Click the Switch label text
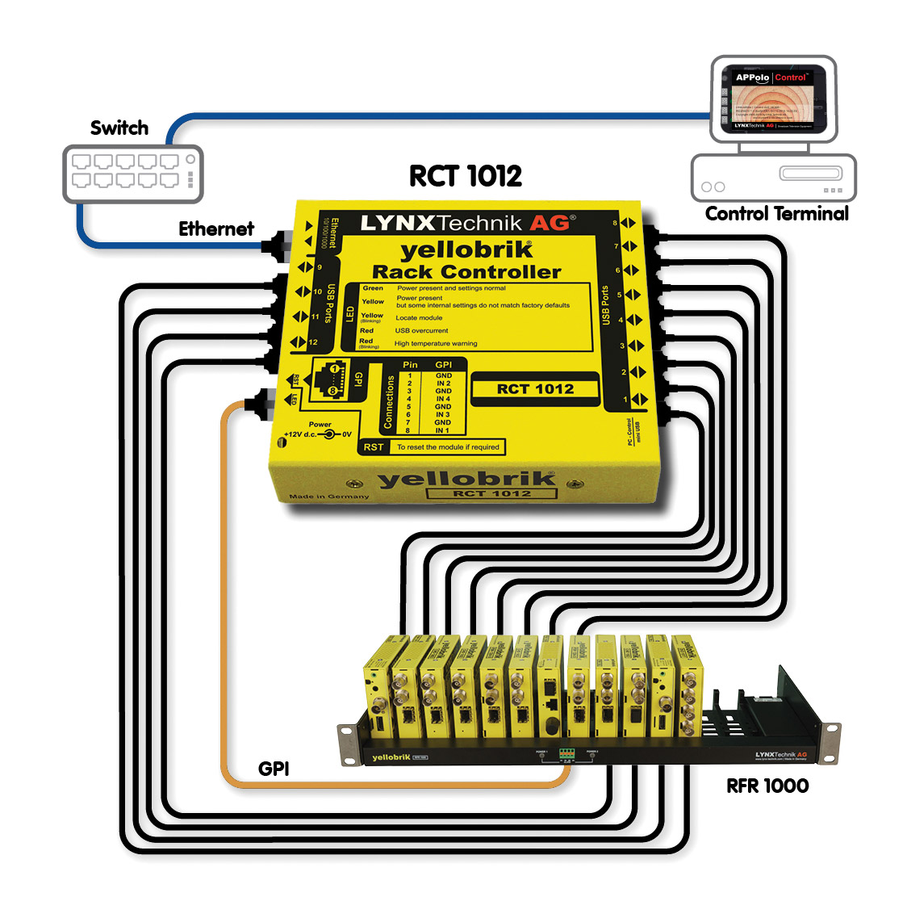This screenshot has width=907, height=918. coord(119,128)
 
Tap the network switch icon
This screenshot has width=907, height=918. coord(133,173)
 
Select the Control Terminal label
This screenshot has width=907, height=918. coord(776,213)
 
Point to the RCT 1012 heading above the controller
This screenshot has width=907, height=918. coord(465,176)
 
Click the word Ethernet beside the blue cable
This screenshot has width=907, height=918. coord(215,229)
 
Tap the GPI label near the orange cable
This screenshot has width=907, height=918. coord(274,769)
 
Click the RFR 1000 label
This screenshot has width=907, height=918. coord(767,786)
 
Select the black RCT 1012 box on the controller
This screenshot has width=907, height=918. coord(535,389)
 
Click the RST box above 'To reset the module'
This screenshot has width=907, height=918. coord(374,446)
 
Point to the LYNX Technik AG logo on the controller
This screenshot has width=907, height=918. coord(467,224)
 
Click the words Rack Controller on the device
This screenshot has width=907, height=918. coord(466,272)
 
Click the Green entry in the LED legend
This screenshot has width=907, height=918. coord(373,288)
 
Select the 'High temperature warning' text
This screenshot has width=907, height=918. coord(436,344)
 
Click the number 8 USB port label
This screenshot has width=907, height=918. coord(615,224)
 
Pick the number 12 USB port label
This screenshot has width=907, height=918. coord(313,342)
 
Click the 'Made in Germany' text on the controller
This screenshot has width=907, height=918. coord(328,496)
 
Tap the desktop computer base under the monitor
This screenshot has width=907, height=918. coord(773,178)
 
